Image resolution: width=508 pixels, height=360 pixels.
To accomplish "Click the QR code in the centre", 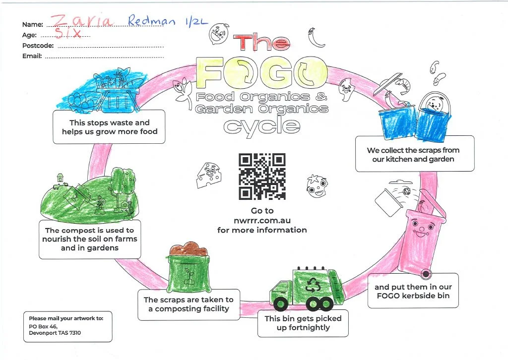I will point(262,176).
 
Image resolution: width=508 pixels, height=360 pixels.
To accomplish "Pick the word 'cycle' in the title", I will point(261,125).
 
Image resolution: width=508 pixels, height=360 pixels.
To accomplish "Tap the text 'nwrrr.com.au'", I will point(262,220).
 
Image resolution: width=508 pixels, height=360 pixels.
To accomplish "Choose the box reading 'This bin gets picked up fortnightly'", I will point(303,323).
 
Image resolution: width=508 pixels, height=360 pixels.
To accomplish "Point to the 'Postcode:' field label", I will point(38,46).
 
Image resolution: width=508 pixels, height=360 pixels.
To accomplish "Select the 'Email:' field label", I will point(32,56).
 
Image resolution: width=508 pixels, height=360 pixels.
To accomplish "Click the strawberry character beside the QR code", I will point(316,184).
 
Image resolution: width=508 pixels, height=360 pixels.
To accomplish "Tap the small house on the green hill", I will point(61,177).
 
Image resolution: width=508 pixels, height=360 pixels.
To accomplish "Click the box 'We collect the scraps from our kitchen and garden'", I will point(414,154).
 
